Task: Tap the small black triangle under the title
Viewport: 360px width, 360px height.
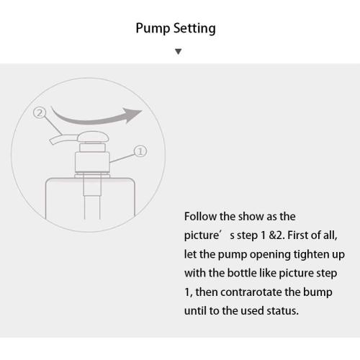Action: point(179,52)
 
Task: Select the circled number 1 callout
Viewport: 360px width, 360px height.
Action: point(140,151)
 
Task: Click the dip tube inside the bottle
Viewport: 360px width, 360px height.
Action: point(92,202)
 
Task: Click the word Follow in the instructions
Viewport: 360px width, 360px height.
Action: point(201,216)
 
